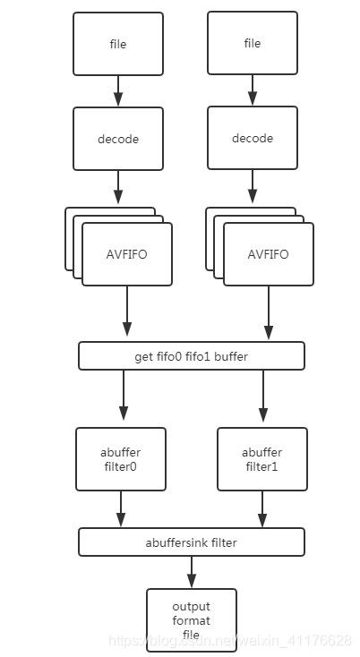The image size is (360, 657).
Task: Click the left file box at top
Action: click(x=118, y=43)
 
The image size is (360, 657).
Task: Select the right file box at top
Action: click(x=252, y=43)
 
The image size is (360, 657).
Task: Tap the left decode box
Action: click(x=118, y=139)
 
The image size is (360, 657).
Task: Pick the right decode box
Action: click(x=252, y=138)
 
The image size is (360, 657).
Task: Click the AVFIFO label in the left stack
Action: click(x=126, y=253)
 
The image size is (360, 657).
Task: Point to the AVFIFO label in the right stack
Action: click(x=268, y=253)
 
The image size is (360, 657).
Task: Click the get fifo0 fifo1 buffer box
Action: click(x=191, y=355)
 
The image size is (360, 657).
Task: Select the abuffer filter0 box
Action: click(x=120, y=458)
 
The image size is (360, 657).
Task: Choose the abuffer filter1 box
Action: click(x=261, y=458)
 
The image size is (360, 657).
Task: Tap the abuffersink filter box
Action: click(x=191, y=542)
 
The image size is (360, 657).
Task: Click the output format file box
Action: click(x=191, y=620)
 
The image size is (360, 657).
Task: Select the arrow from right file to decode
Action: click(x=252, y=90)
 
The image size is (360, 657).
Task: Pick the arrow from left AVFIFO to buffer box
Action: click(x=127, y=313)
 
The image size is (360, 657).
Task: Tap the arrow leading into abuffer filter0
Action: click(x=123, y=397)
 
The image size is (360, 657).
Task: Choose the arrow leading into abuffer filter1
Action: click(x=262, y=397)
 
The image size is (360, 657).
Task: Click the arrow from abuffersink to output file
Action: click(x=191, y=571)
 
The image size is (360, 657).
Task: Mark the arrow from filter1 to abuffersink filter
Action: click(x=262, y=509)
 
